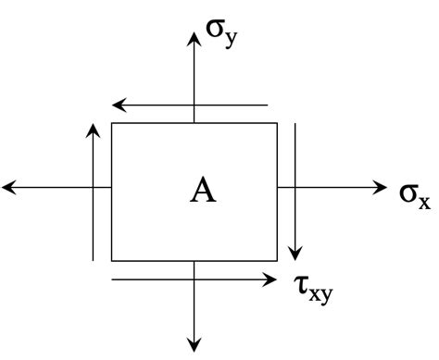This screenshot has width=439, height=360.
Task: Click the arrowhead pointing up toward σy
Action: (x=194, y=39)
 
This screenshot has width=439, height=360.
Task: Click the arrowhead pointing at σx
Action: (x=381, y=188)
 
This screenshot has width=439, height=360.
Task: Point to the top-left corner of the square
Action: (x=112, y=124)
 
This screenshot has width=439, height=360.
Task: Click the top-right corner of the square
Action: (x=277, y=124)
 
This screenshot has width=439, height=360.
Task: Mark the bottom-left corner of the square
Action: (x=112, y=261)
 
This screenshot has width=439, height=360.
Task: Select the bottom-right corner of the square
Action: (x=277, y=261)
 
